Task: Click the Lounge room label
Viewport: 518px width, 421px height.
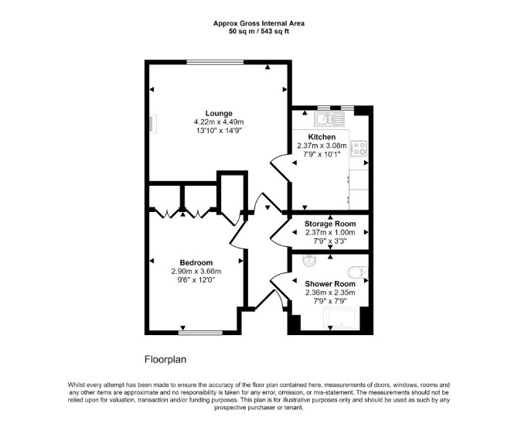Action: pos(219,114)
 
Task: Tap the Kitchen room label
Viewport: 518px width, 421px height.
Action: pos(322,137)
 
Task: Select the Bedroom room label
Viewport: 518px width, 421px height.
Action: pos(196,262)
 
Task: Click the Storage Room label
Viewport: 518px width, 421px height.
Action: pos(330,224)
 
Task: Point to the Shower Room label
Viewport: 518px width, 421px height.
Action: pos(330,284)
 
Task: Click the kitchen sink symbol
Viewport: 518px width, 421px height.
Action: pos(329,119)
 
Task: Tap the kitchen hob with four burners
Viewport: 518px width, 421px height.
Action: pos(359,148)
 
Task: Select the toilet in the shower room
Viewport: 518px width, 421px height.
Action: pos(358,272)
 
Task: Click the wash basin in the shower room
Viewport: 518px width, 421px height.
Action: pos(309,261)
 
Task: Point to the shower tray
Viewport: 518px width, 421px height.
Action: pos(340,319)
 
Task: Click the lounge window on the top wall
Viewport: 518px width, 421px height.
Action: pos(215,62)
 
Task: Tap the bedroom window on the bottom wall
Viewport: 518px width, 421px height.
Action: pos(200,333)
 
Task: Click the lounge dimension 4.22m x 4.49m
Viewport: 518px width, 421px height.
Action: pos(219,122)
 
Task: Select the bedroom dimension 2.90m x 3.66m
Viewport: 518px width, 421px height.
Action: pos(196,272)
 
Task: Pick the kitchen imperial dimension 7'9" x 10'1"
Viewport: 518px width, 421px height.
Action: pos(322,154)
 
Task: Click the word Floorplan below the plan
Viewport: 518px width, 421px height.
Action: pos(165,360)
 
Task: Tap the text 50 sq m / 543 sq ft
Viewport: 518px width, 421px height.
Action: pos(259,32)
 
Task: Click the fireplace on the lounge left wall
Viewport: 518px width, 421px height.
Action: pos(152,125)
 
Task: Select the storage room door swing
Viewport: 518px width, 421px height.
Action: pos(280,234)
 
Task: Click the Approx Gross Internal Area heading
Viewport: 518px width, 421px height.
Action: pos(259,23)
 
